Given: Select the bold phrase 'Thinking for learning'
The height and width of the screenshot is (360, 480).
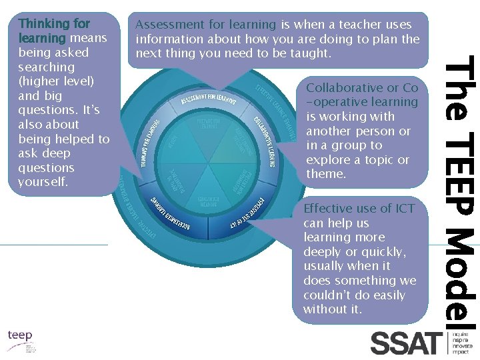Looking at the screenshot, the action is tap(54, 30).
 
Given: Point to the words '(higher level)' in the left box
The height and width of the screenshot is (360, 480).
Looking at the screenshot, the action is tap(57, 81).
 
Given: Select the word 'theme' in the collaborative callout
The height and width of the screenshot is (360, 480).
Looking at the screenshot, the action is tap(325, 174).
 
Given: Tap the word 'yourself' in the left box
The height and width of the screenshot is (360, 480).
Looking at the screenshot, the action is tap(43, 182).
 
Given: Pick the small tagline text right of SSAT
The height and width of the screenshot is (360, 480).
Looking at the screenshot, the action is tap(461, 341).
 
